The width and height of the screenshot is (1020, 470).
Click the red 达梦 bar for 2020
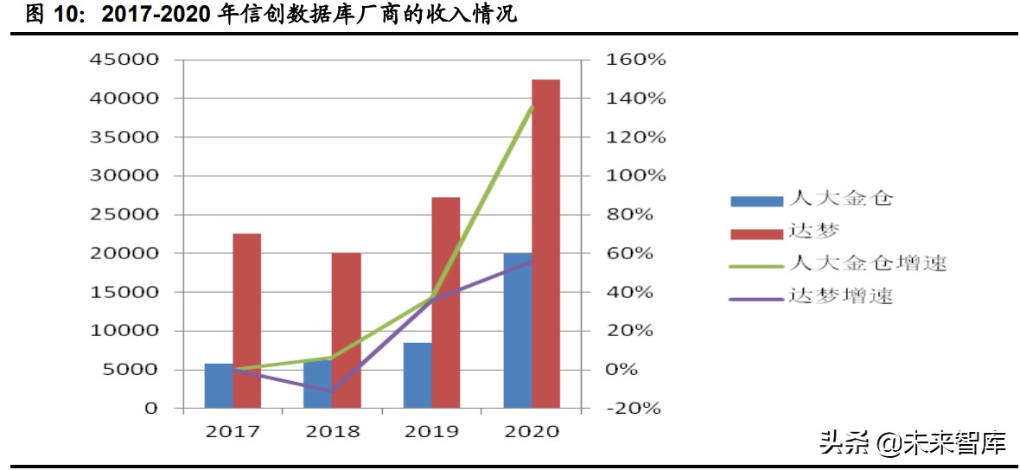click(x=545, y=243)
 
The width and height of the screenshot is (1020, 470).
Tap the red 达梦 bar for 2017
click(x=246, y=320)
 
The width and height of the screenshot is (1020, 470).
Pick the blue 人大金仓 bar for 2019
click(x=418, y=375)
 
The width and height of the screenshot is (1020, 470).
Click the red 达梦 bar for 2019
click(x=446, y=302)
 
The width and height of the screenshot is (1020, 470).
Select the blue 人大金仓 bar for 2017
click(x=219, y=385)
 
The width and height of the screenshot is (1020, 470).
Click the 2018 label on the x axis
click(x=332, y=431)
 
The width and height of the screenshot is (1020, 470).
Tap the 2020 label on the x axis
click(x=531, y=431)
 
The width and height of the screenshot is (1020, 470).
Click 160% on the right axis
click(x=635, y=60)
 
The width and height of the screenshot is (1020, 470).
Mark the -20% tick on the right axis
click(x=635, y=408)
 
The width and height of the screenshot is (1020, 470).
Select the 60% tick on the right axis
click(x=635, y=253)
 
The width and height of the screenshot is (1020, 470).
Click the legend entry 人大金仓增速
click(x=866, y=263)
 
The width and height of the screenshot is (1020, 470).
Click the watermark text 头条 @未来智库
click(x=912, y=444)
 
